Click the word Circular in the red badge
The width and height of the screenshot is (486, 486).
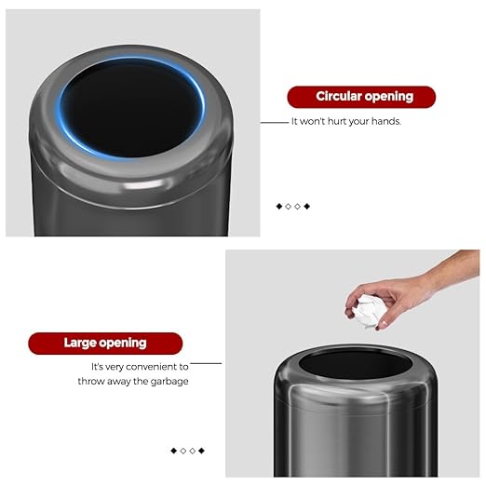339,97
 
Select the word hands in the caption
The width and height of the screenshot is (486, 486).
383,121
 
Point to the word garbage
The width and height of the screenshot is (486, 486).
168,381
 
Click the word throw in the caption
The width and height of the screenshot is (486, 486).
93,381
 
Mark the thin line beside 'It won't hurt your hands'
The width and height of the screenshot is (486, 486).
274,122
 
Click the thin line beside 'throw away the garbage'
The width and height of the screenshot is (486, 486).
206,363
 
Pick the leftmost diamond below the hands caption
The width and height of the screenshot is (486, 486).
278,206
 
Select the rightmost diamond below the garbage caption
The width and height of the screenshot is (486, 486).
201,451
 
